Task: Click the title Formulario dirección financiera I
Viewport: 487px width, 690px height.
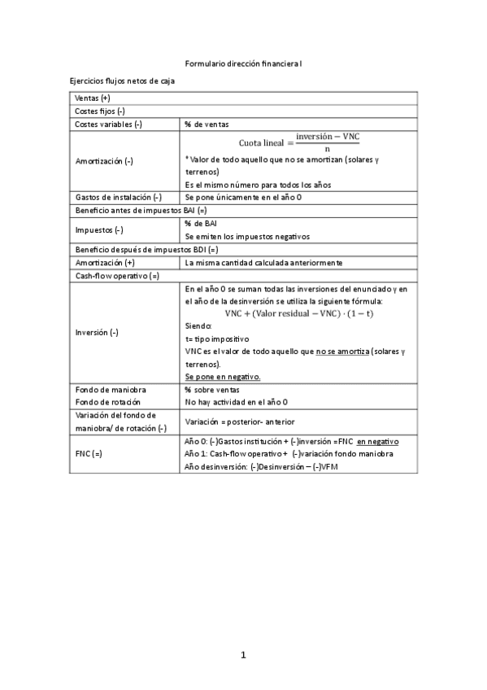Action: tap(243, 63)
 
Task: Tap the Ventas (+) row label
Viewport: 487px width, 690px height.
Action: tap(92, 98)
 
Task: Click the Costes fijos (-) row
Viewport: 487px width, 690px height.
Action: tap(99, 111)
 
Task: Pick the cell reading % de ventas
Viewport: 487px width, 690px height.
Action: tap(207, 124)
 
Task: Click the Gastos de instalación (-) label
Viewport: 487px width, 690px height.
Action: tap(119, 198)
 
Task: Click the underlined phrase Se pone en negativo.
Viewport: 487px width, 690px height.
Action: tap(223, 377)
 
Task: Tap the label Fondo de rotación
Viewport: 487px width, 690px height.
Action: tap(107, 402)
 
